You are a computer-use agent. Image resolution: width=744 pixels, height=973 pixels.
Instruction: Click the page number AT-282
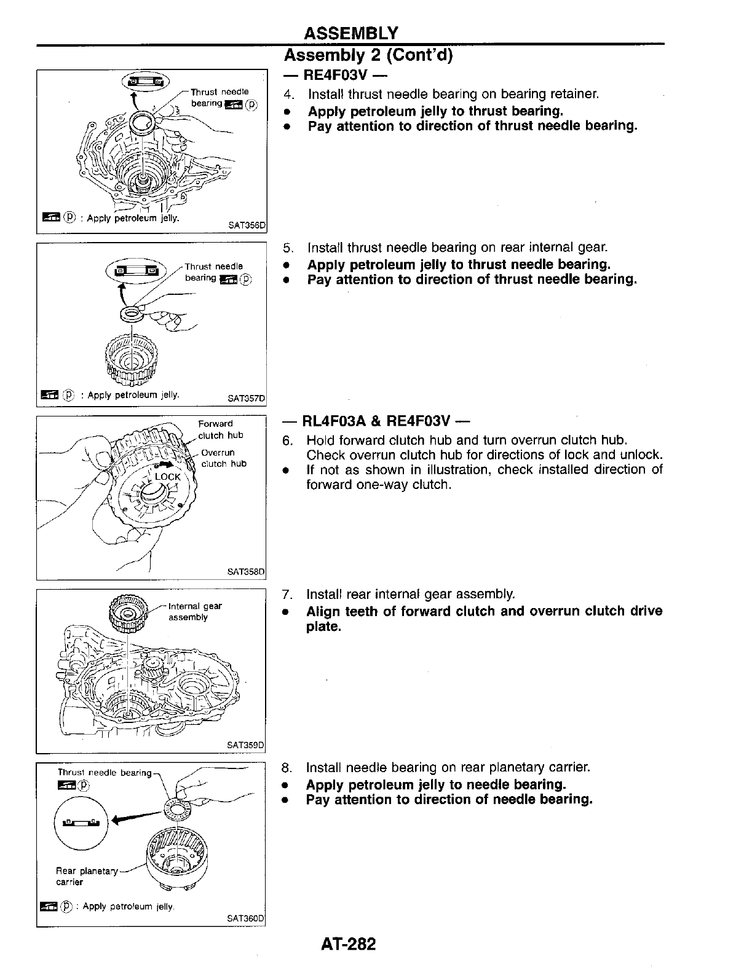tap(347, 944)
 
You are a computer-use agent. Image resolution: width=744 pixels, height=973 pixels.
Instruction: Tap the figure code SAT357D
tap(246, 398)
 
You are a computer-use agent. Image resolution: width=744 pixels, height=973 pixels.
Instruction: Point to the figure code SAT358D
tap(245, 572)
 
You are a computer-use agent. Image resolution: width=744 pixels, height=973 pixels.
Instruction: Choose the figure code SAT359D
tap(245, 745)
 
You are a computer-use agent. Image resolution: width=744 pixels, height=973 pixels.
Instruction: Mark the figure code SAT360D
tap(245, 918)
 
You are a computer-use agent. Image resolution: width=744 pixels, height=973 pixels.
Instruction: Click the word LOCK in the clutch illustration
tap(167, 477)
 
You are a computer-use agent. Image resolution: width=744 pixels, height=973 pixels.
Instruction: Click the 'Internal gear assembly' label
tap(195, 611)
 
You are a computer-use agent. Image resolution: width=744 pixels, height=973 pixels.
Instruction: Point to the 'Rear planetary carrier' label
tap(86, 876)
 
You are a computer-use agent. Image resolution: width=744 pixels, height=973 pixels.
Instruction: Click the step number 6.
tap(287, 440)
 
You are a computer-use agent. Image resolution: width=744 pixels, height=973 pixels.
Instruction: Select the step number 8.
tap(286, 767)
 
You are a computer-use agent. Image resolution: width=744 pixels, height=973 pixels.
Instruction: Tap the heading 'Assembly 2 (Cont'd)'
tap(368, 56)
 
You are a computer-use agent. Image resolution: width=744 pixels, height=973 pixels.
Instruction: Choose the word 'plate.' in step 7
tap(323, 627)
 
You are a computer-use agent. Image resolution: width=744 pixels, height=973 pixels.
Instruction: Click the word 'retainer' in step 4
tap(571, 94)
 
